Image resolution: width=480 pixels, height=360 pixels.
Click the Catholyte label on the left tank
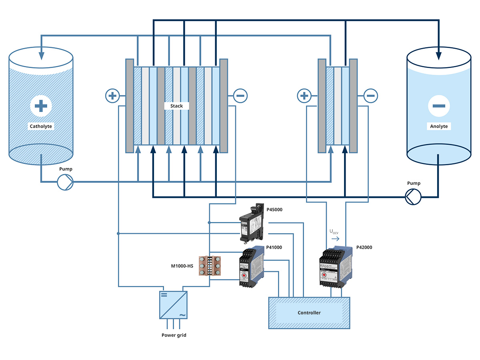point(41,126)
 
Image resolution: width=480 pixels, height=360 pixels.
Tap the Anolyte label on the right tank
point(438,126)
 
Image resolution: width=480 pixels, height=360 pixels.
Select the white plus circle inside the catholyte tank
point(41,106)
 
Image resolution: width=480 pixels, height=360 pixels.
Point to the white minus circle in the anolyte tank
point(438,106)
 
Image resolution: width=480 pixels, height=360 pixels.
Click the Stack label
point(176,106)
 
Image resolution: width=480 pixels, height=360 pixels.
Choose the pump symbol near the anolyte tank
point(413,197)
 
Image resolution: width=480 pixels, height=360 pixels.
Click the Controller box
point(309,313)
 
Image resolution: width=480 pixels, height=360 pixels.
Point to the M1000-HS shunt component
point(210,266)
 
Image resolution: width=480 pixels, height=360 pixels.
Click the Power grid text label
point(174,335)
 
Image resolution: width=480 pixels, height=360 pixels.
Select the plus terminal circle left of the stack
point(112,96)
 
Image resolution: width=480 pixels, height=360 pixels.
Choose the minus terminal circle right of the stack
point(240,96)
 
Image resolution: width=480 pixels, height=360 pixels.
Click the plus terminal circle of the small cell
point(304,96)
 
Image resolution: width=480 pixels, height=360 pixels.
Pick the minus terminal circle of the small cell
point(370,96)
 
